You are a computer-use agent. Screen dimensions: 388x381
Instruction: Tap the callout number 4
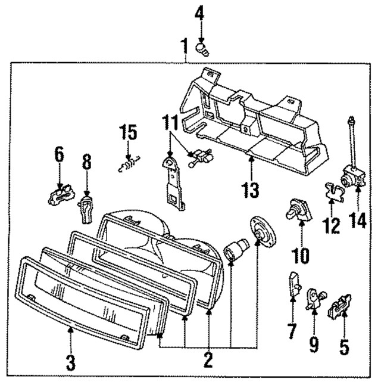coord(199,11)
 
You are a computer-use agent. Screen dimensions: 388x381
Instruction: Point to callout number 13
coord(251,190)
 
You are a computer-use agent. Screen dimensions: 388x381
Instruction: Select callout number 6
coord(58,154)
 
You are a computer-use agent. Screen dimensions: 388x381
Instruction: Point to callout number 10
coord(301,256)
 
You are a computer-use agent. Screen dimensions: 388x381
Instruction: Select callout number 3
coord(70,362)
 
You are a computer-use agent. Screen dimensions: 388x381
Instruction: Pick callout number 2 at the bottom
coord(208,359)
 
